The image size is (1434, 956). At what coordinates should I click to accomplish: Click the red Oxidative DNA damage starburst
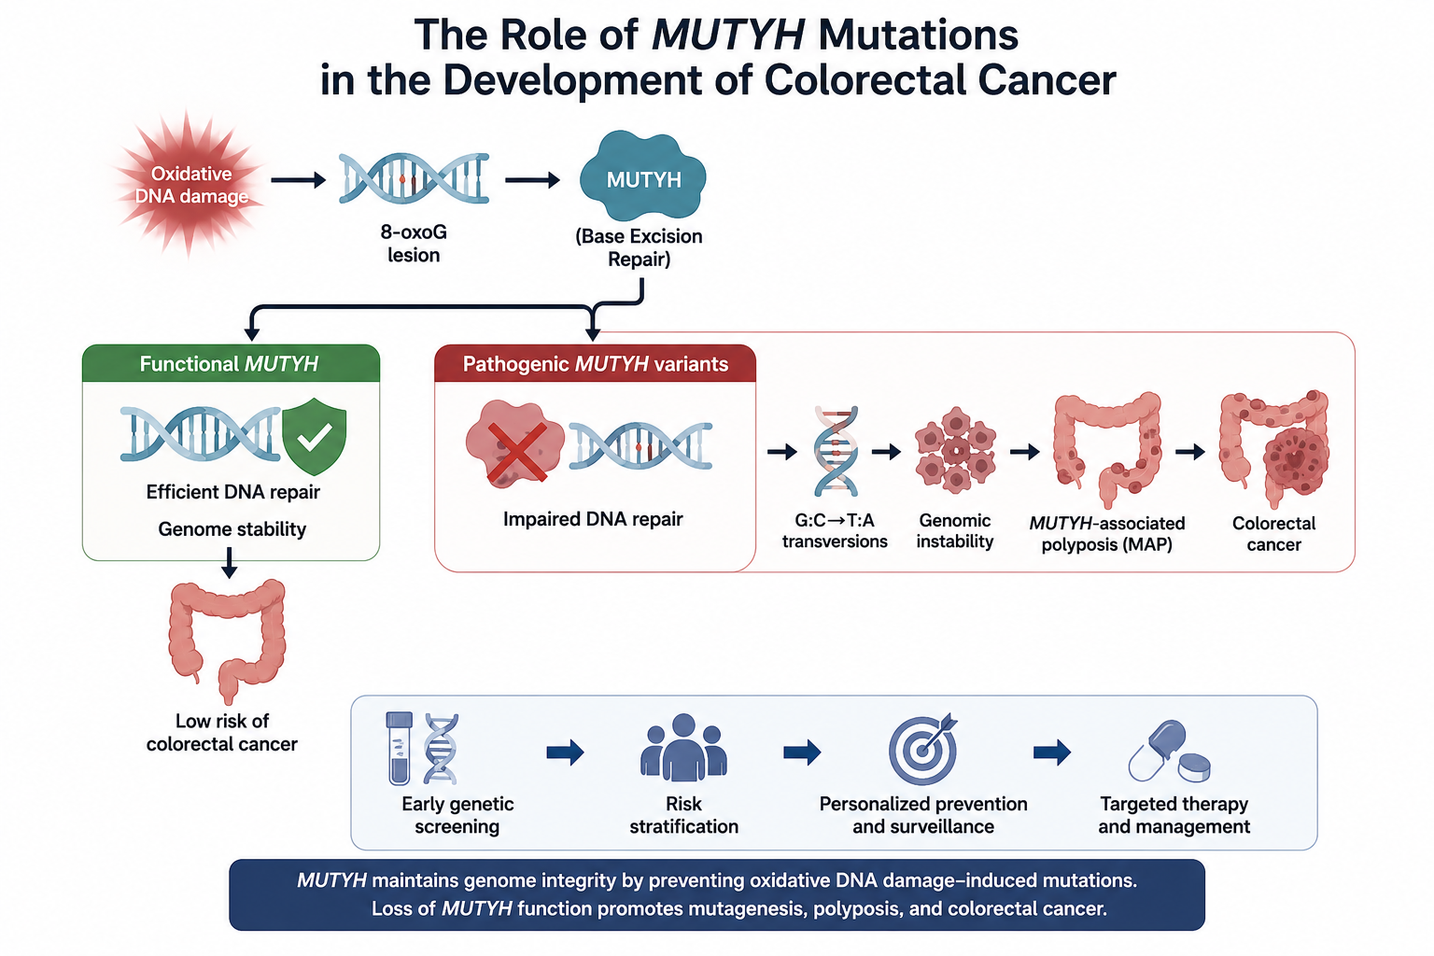190,184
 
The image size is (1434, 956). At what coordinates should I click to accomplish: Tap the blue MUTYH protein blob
642,176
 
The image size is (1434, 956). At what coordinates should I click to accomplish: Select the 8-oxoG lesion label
414,244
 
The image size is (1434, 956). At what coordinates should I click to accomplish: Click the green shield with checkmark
314,436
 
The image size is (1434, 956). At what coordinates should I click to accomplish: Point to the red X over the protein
516,451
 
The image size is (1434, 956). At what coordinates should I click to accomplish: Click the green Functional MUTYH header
231,364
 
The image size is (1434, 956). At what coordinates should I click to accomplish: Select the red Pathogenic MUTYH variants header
595,364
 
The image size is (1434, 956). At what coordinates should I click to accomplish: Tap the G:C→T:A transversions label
834,531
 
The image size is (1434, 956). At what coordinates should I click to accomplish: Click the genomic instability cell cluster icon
955,449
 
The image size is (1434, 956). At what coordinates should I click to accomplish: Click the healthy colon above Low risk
227,640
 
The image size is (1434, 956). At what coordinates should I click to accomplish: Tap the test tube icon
399,749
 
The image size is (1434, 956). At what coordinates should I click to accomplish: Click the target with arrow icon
922,749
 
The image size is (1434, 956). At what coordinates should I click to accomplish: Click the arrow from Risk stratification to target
802,752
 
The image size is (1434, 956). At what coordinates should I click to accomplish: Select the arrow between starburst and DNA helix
299,180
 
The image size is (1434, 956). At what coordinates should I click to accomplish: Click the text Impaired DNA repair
593,519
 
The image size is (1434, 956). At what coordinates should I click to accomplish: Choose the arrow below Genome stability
229,562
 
